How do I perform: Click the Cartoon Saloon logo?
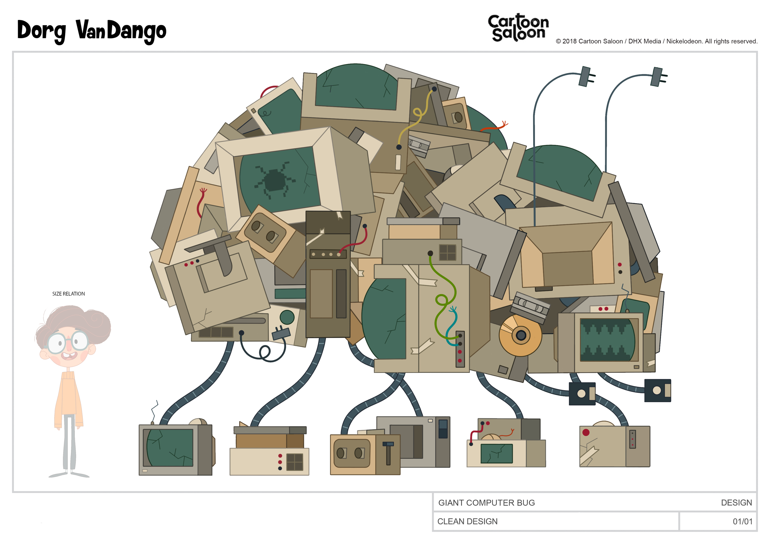518,28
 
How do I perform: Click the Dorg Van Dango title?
91,31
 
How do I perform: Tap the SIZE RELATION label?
68,294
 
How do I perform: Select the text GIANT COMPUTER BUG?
486,503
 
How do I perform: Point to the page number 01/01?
743,522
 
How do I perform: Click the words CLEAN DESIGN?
467,522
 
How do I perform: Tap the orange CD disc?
520,335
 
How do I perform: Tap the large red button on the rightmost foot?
586,432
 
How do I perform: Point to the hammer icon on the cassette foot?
388,453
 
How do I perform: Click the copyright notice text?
656,42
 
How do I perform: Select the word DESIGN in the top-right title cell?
736,503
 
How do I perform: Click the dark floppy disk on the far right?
657,390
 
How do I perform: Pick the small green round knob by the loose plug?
287,317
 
